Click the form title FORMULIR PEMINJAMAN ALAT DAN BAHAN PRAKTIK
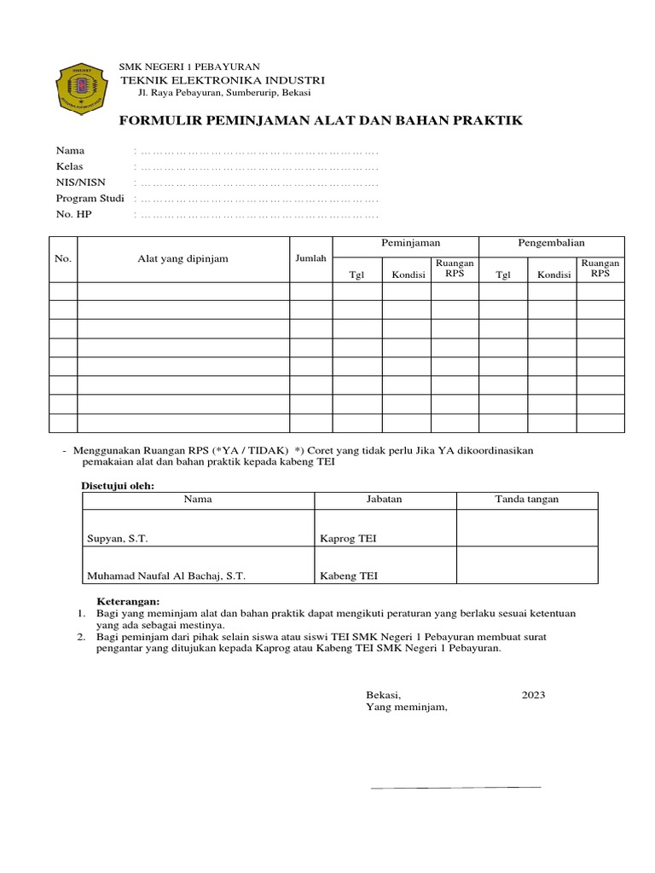pyautogui.click(x=320, y=121)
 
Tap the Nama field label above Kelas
pyautogui.click(x=70, y=151)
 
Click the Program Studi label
pyautogui.click(x=90, y=199)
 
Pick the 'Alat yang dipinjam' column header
pyautogui.click(x=183, y=259)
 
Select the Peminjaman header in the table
pyautogui.click(x=405, y=244)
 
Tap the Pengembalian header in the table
pyautogui.click(x=551, y=244)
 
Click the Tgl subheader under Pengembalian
pyautogui.click(x=503, y=275)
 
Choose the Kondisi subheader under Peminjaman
pyautogui.click(x=409, y=275)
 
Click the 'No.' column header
pyautogui.click(x=63, y=259)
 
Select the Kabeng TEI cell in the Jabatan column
pyautogui.click(x=348, y=575)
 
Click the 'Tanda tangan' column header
pyautogui.click(x=527, y=500)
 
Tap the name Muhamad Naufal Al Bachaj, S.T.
pyautogui.click(x=166, y=575)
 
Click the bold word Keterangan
pyautogui.click(x=127, y=601)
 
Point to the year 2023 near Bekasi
pyautogui.click(x=533, y=695)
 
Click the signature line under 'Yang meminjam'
pyautogui.click(x=455, y=787)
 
